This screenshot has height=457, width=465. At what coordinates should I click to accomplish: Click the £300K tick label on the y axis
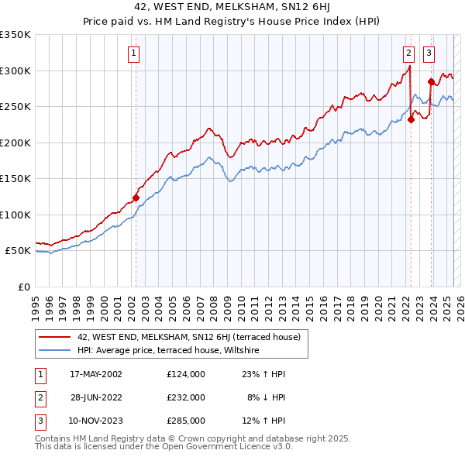(x=15, y=70)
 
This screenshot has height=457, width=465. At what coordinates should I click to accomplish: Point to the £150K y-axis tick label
(x=15, y=178)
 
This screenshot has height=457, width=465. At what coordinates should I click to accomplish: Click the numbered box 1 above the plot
(x=134, y=53)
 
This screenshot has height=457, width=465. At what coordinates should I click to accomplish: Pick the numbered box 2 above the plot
(x=408, y=53)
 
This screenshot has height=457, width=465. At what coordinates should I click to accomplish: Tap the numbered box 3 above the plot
(x=429, y=53)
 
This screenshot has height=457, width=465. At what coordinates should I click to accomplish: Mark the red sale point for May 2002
(x=136, y=198)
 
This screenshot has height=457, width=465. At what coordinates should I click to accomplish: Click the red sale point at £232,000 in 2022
(x=412, y=120)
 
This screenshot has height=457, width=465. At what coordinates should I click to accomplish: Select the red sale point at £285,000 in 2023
(x=431, y=81)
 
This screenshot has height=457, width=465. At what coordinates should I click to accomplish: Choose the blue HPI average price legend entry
(x=167, y=350)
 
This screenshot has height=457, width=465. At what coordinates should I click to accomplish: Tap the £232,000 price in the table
(x=186, y=397)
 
